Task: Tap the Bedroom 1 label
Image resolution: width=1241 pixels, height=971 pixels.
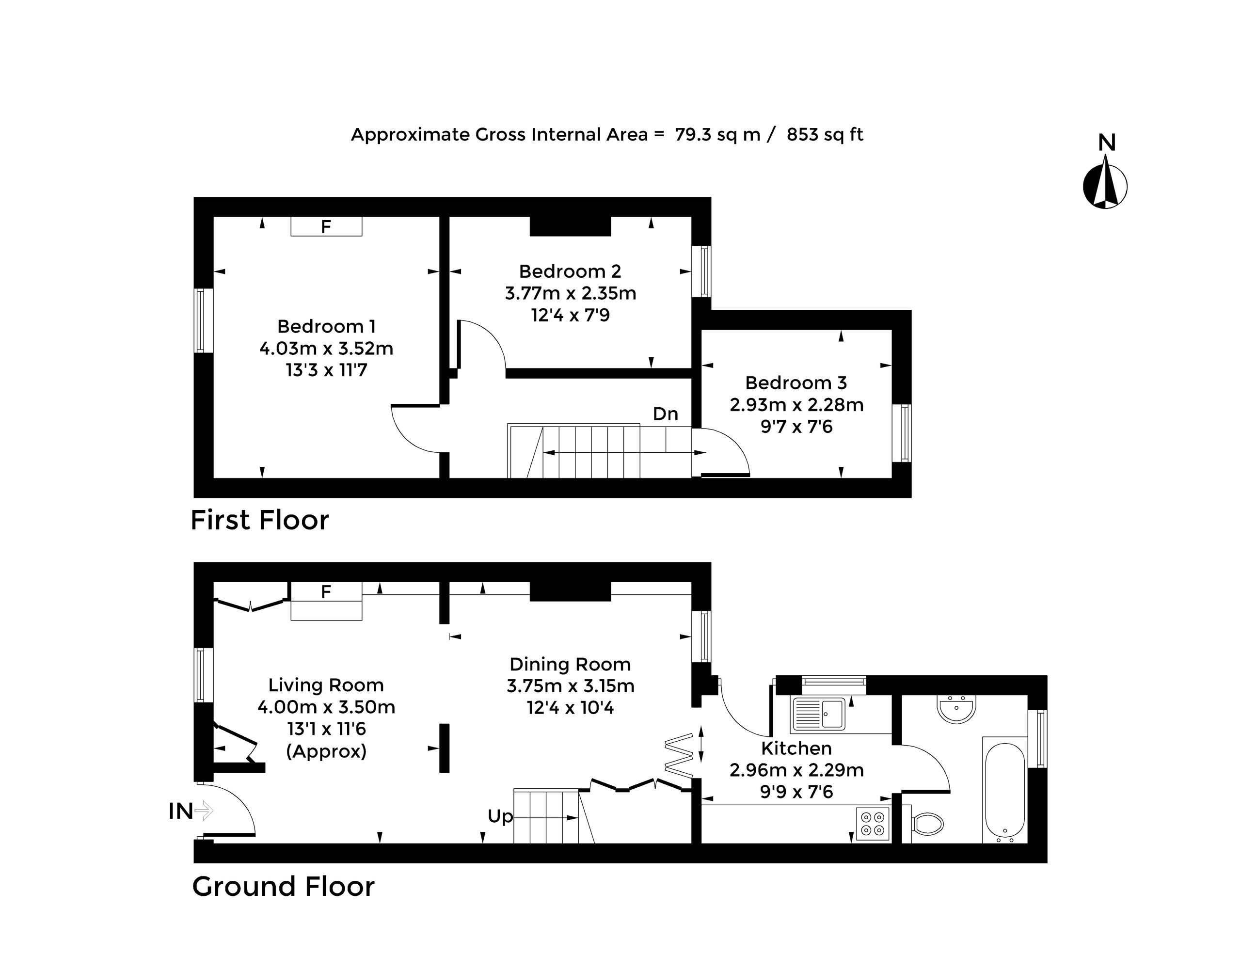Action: click(x=326, y=326)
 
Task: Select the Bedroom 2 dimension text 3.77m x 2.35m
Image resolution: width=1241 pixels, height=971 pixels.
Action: click(x=570, y=293)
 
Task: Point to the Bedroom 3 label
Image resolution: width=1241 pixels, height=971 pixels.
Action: click(x=796, y=382)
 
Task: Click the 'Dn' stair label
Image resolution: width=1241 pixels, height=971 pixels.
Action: click(x=665, y=414)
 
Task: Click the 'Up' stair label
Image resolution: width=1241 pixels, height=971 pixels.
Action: click(x=500, y=817)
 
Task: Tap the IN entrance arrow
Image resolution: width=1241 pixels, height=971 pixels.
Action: click(x=204, y=811)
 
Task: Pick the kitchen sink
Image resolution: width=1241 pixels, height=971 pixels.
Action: click(x=818, y=714)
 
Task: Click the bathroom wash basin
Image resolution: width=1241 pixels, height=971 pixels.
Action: click(x=957, y=708)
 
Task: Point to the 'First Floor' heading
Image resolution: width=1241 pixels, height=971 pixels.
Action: click(x=260, y=520)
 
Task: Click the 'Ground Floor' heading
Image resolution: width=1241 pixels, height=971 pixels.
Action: click(x=283, y=886)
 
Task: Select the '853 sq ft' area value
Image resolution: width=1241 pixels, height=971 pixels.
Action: click(x=825, y=135)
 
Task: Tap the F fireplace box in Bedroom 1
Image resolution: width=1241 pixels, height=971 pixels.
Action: click(x=326, y=226)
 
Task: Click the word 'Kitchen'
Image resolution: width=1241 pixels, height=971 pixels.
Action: click(x=796, y=748)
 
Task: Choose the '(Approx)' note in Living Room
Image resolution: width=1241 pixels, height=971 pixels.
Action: click(x=326, y=751)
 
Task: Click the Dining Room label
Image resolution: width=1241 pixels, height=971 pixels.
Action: click(x=570, y=664)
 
